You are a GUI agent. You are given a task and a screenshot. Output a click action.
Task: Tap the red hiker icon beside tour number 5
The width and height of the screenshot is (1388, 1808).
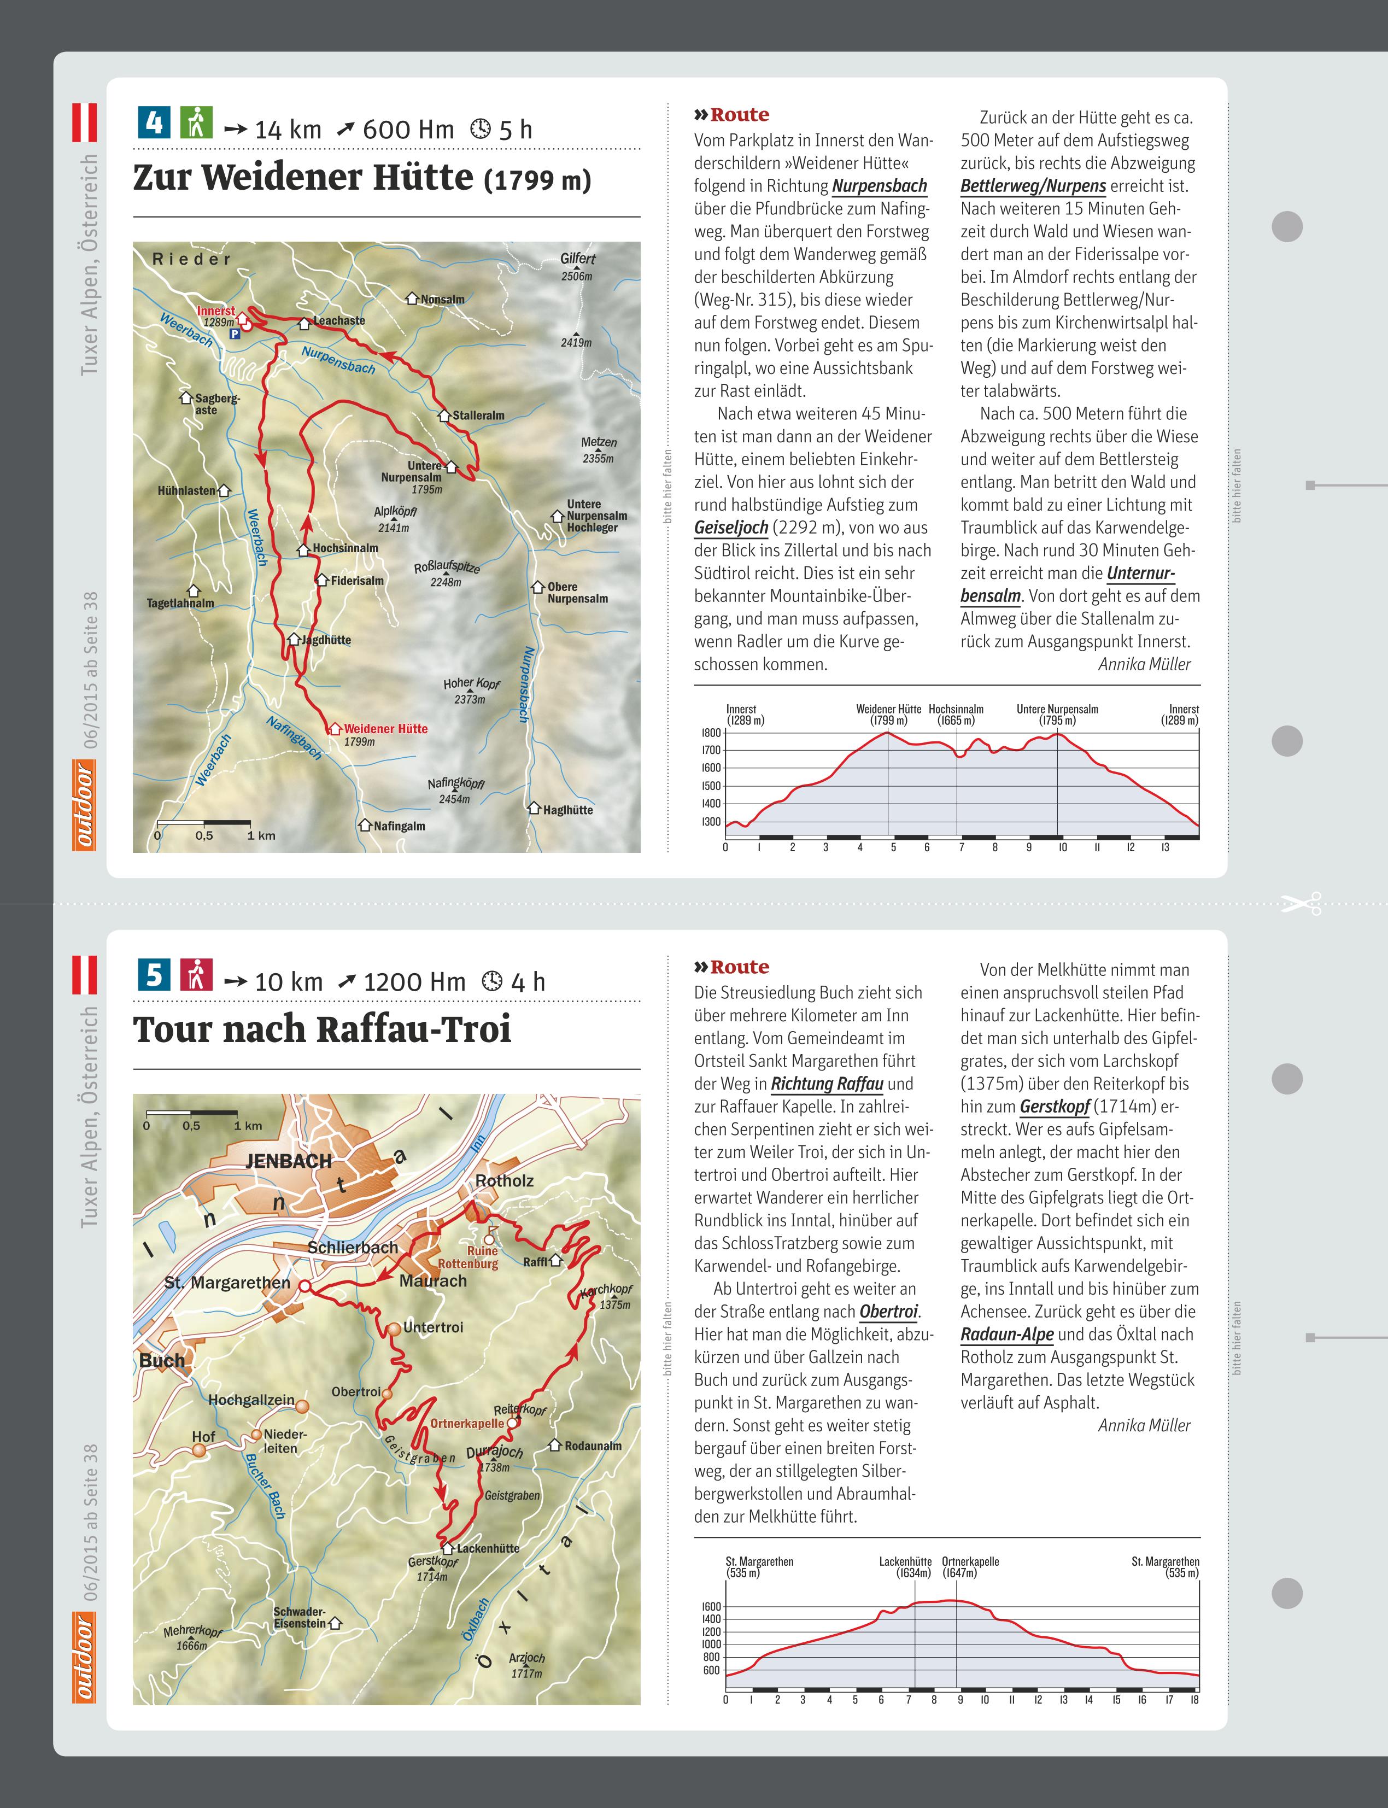tap(196, 974)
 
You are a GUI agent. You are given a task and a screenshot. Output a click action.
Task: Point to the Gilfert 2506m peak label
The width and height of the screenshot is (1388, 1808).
tap(577, 266)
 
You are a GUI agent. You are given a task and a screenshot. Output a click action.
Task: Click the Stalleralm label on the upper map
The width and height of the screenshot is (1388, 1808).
tap(478, 416)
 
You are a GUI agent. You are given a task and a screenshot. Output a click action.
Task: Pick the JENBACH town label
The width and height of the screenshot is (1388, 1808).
tap(288, 1161)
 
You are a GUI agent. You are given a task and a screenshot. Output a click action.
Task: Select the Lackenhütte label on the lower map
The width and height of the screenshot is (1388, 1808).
tap(488, 1548)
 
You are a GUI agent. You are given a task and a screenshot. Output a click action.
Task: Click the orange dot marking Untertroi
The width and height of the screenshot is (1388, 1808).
tap(394, 1328)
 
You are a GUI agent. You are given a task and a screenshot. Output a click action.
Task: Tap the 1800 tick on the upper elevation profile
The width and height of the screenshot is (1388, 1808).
tap(711, 732)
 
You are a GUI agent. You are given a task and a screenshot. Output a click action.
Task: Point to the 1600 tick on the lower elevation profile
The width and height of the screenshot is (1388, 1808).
tap(711, 1606)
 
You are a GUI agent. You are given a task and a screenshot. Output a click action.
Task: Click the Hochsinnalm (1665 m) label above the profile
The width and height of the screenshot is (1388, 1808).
tap(956, 715)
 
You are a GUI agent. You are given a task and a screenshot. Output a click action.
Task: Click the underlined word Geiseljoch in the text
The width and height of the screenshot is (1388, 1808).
tap(731, 527)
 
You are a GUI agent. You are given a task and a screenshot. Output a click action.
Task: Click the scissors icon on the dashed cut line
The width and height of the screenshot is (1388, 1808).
tap(1301, 904)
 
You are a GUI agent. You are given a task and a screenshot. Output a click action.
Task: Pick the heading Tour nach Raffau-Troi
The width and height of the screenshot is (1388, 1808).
tap(322, 1029)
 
